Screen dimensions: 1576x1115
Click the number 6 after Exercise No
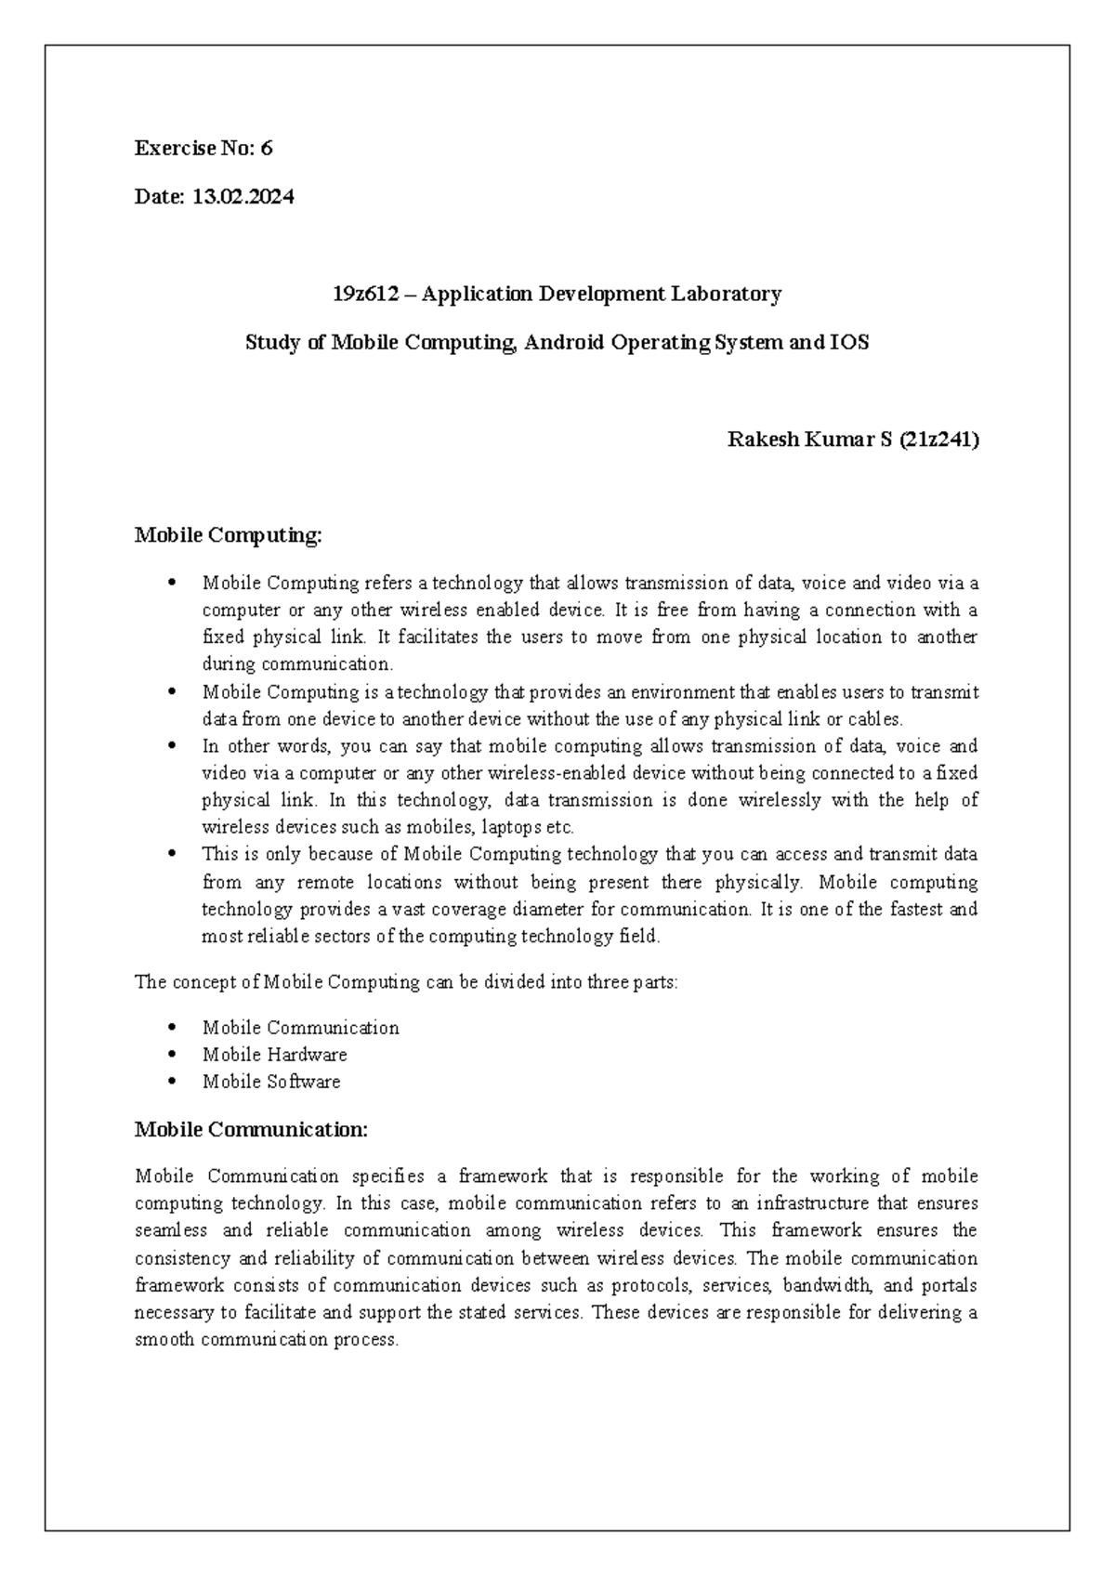[267, 149]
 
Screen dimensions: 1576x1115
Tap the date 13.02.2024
[243, 197]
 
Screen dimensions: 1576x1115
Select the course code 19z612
[365, 295]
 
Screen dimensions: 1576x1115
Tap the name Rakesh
[762, 440]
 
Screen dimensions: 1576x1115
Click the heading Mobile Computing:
[228, 535]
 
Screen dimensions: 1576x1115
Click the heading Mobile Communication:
[251, 1130]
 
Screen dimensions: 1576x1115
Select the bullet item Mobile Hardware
[274, 1055]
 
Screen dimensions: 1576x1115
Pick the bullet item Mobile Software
[271, 1082]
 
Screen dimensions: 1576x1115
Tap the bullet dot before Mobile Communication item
[173, 1028]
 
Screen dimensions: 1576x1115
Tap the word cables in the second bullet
[874, 719]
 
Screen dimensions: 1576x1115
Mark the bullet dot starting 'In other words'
[173, 746]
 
